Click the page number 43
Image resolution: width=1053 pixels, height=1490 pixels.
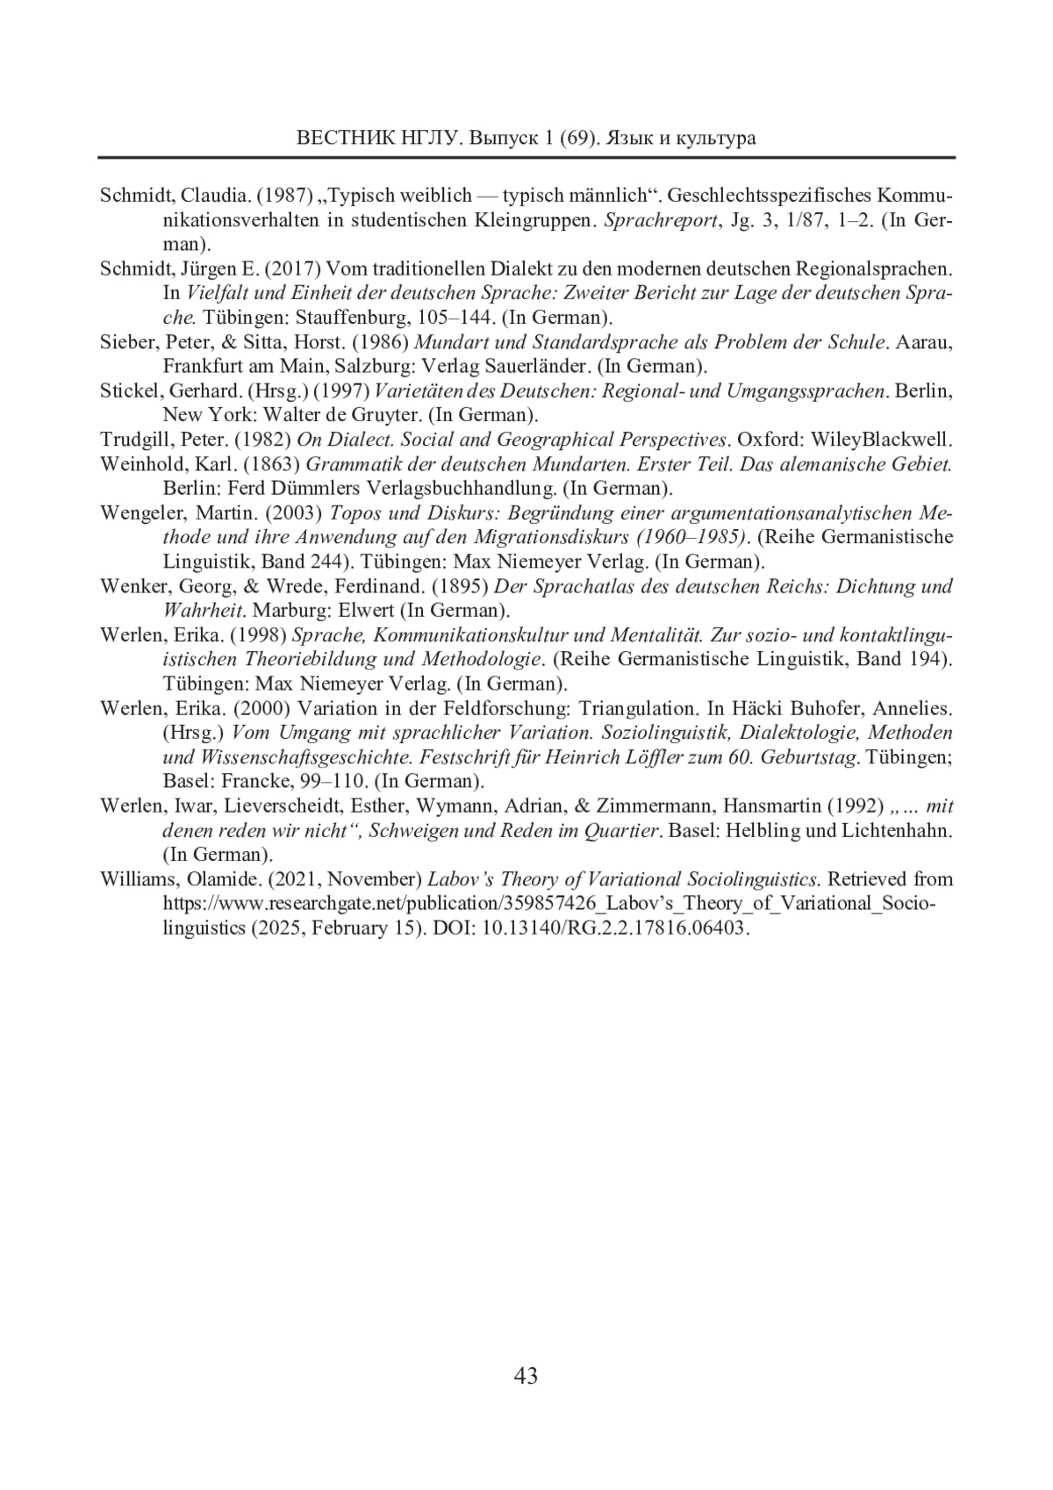(x=526, y=1376)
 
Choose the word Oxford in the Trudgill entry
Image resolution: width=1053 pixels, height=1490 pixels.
(x=770, y=440)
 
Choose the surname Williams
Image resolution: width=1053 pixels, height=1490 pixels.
(x=136, y=879)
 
